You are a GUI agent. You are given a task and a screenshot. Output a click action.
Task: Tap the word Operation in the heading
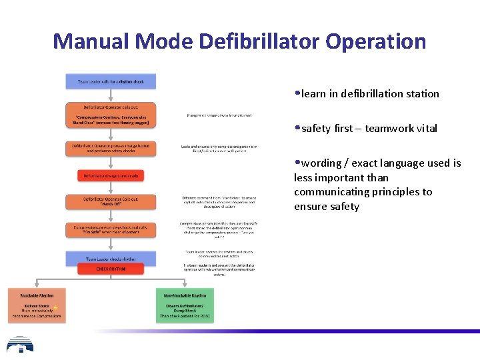coord(375,41)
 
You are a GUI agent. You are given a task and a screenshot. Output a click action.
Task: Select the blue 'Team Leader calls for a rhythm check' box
coord(111,81)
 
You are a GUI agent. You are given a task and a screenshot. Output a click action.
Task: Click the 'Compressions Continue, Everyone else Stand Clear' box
coord(111,115)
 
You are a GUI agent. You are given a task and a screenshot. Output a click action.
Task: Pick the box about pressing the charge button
coord(111,148)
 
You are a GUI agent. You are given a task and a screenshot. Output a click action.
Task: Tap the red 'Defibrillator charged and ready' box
coord(111,176)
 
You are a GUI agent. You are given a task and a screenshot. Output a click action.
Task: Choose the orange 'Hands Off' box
coord(111,202)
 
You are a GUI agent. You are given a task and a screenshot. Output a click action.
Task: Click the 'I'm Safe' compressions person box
coord(111,229)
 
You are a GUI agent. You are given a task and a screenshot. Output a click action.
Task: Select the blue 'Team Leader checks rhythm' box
coord(111,258)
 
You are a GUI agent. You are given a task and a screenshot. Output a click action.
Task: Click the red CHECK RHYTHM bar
coord(111,269)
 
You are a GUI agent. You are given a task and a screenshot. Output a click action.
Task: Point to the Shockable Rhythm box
coord(37,306)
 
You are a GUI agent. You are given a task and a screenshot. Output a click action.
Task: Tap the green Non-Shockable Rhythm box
coord(185,306)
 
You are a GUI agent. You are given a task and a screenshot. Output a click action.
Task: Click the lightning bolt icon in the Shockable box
coord(56,307)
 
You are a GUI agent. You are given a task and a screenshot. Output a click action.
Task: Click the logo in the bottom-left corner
coord(20,345)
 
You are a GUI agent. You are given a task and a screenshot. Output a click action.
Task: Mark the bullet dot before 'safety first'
coord(297,127)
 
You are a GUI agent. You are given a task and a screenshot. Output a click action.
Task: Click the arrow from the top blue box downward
coord(111,95)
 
